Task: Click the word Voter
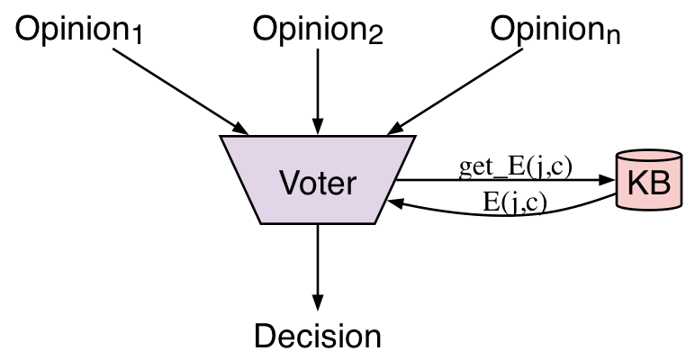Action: pos(318,183)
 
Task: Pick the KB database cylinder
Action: pos(647,180)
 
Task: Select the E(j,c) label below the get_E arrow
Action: pos(514,200)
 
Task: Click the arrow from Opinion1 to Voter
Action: pos(185,90)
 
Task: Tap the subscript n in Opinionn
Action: pos(613,38)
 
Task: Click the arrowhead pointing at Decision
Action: pos(317,301)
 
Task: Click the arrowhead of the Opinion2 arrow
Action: pos(317,125)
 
